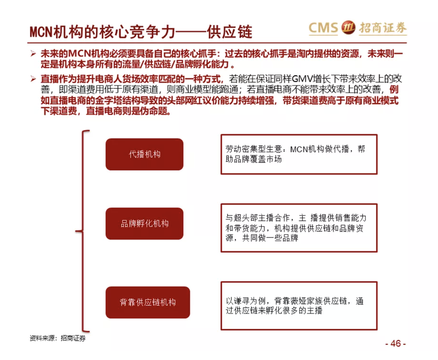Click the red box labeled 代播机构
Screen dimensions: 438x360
[145, 155]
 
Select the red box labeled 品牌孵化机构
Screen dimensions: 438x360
[145, 224]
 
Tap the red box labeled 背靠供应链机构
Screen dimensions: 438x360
[148, 302]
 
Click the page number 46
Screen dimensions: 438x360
[395, 343]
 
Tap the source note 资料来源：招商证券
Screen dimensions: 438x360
[57, 338]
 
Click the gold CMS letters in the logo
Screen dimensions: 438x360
[324, 28]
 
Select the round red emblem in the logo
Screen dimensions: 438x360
[348, 27]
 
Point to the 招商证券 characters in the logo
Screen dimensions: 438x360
[383, 28]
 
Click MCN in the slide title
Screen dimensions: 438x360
[41, 32]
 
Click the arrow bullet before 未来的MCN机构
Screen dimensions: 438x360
[33, 53]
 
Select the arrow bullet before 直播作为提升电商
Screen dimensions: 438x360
[33, 79]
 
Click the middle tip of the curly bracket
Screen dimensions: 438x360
[76, 231]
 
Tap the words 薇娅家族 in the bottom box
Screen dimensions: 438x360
[307, 301]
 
